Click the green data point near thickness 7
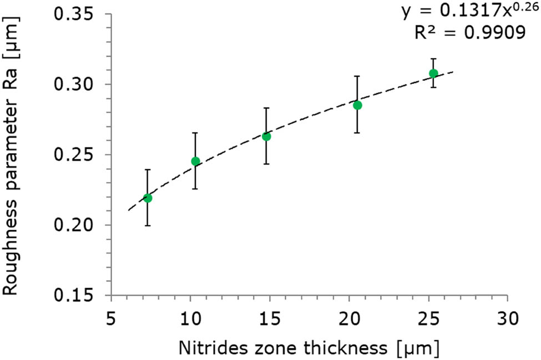click(x=148, y=198)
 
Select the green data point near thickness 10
click(x=195, y=161)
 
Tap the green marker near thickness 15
click(x=266, y=136)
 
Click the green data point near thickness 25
click(x=433, y=73)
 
